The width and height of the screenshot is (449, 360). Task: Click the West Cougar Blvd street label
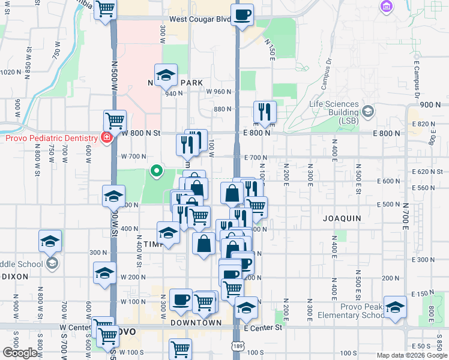point(199,19)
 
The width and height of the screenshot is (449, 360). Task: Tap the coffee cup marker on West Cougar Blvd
point(242,15)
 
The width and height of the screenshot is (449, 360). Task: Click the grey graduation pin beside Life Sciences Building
point(367,110)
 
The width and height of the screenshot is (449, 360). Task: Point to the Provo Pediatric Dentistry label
point(51,138)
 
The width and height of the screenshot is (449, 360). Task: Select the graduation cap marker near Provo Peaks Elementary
point(395,307)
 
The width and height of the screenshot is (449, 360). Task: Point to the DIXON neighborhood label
point(16,277)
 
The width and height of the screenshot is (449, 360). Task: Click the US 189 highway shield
point(238,347)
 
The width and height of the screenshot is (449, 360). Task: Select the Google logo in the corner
point(20,353)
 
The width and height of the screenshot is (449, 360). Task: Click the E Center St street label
point(263,328)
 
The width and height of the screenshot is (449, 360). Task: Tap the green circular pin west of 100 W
point(157,172)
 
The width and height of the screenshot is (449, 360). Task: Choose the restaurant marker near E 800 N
point(264,111)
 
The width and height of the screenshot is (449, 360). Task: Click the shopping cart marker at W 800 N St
point(114,120)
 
